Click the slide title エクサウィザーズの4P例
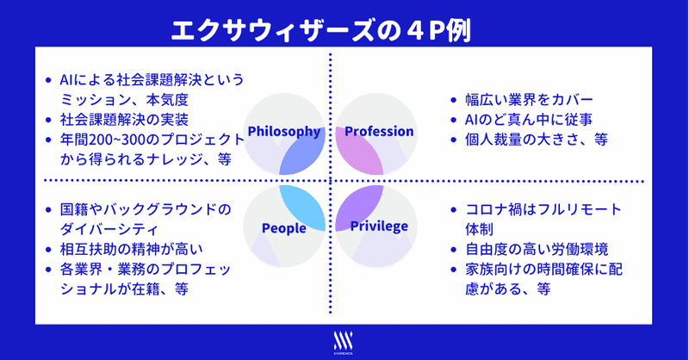(x=321, y=31)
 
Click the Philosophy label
(x=284, y=132)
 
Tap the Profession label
(x=379, y=131)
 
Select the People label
(x=284, y=228)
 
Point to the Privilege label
(x=379, y=227)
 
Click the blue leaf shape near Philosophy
(x=303, y=152)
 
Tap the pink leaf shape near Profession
(x=358, y=151)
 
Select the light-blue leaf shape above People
(x=303, y=208)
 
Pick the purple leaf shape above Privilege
(x=358, y=208)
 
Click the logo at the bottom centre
(x=343, y=343)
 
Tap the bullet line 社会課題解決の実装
(x=124, y=120)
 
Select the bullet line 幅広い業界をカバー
(x=530, y=100)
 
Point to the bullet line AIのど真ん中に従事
(x=529, y=120)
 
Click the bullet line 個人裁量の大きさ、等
(x=537, y=140)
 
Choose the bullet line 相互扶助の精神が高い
(x=132, y=249)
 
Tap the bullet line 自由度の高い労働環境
(x=537, y=249)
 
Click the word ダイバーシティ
(x=109, y=229)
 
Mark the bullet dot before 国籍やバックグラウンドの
(x=48, y=209)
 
